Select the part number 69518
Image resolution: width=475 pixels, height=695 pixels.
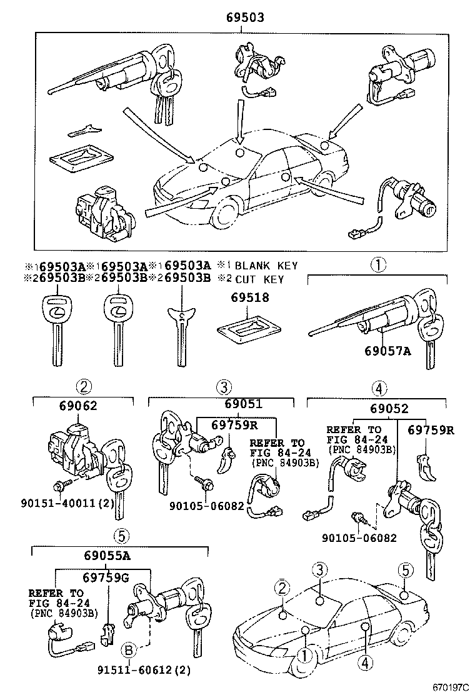[248, 298]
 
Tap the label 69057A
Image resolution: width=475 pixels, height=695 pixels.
[387, 351]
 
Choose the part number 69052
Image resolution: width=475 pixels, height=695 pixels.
[388, 409]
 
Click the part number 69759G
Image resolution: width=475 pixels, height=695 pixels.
[106, 577]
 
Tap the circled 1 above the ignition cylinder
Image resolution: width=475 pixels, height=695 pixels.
[377, 265]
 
